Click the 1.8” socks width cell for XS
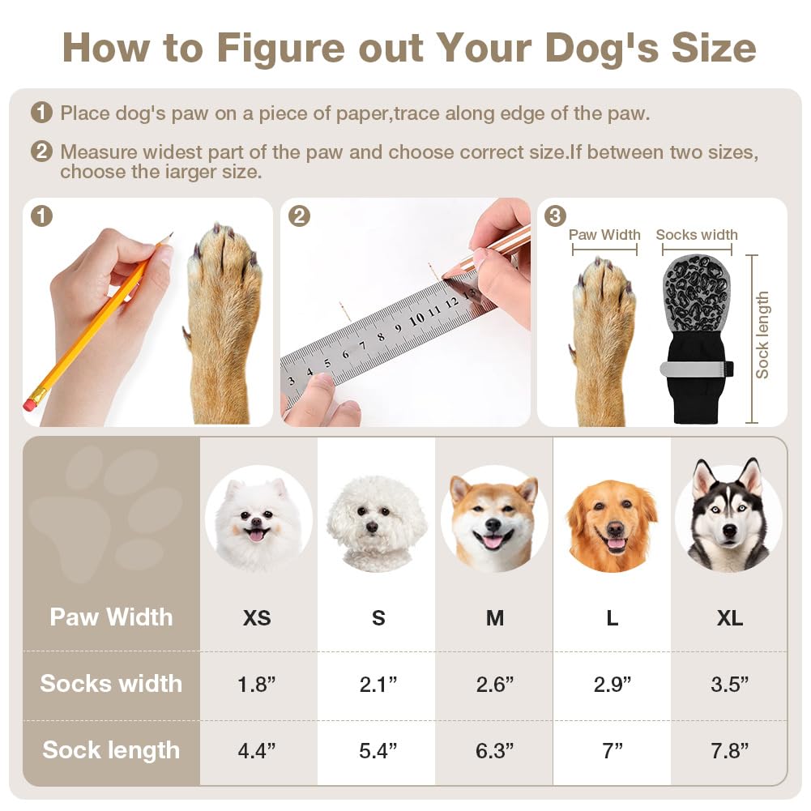(x=257, y=684)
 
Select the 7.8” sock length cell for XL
(x=730, y=750)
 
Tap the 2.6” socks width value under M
(x=494, y=684)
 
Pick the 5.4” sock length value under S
(x=378, y=750)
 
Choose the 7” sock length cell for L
(x=612, y=750)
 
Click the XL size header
(x=730, y=618)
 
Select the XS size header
(x=257, y=618)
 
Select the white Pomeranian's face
(x=258, y=519)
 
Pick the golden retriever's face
(x=612, y=523)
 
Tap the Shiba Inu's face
(x=494, y=519)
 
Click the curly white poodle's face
(x=376, y=523)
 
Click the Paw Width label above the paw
(x=604, y=235)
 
